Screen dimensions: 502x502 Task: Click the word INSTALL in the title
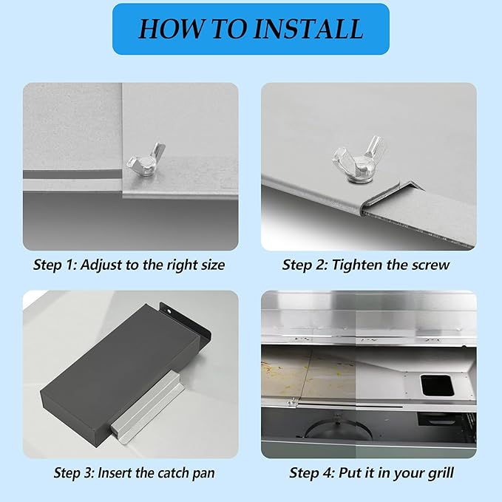(308, 29)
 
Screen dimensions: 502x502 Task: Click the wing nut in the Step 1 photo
(146, 161)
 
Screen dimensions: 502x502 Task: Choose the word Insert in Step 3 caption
(115, 473)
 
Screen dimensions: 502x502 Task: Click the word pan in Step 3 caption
(203, 474)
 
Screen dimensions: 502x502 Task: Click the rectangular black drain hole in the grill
(437, 385)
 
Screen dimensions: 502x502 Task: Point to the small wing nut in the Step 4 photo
(292, 401)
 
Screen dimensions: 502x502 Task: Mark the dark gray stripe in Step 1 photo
(72, 174)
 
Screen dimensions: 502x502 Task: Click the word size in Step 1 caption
(213, 265)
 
